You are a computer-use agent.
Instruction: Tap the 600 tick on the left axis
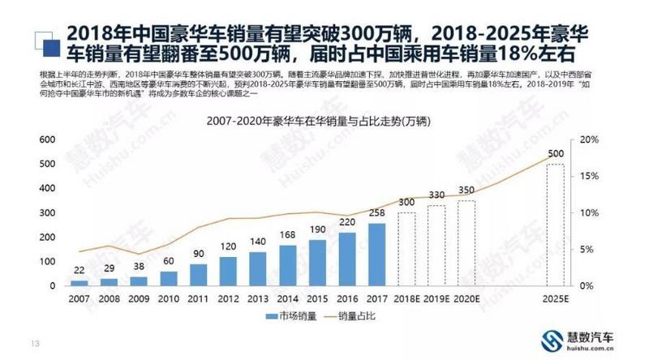tap(49, 139)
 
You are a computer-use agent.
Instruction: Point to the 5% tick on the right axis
tap(587, 249)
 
